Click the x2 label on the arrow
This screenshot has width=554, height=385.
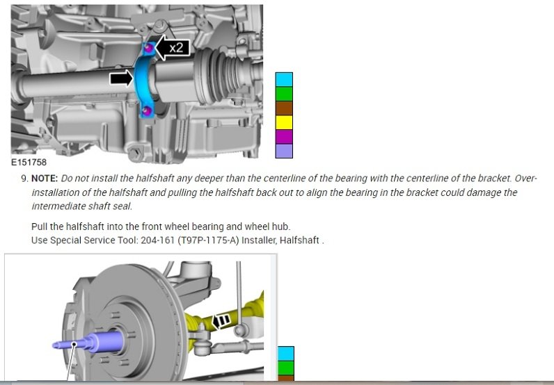coord(176,47)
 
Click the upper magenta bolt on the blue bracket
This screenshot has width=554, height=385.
coord(149,47)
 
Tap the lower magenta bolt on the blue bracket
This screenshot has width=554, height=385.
coord(146,111)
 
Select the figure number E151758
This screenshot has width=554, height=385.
coord(29,163)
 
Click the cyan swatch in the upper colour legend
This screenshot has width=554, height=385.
coord(284,80)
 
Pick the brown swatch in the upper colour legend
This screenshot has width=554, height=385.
coord(284,108)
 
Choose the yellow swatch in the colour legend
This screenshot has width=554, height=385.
coord(284,122)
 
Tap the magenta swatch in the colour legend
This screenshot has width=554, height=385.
coord(284,137)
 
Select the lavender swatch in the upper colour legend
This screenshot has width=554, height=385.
coord(284,151)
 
